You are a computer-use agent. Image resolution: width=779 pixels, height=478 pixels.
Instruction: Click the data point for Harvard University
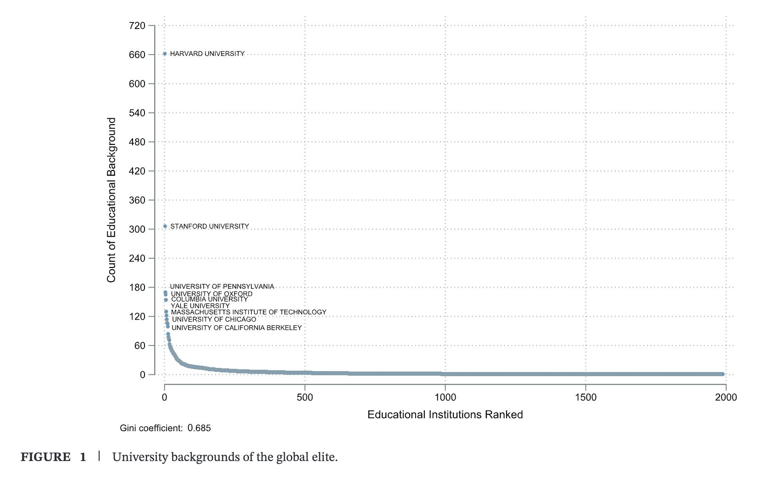coord(165,54)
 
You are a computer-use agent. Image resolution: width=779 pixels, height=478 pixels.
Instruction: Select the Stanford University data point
coord(165,226)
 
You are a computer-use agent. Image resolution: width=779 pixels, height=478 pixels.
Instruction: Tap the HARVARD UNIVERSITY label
coord(207,54)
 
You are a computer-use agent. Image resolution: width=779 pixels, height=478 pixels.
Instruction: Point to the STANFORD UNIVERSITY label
coord(210,226)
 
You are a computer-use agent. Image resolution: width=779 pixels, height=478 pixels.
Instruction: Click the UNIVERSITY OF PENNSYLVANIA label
coord(222,286)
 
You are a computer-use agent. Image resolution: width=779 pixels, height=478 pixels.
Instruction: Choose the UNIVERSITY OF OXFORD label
coord(211,294)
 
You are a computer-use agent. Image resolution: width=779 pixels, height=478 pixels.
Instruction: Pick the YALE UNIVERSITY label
coord(200,306)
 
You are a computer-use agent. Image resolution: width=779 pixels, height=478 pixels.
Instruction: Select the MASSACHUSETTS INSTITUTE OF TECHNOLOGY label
coord(249,312)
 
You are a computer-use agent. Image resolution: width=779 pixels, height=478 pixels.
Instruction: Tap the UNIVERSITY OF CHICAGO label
coord(214,319)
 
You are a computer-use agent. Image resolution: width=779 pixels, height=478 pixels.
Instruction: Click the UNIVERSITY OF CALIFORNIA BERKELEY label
coord(237,328)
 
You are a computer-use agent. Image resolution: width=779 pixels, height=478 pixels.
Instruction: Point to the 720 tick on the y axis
coord(137,26)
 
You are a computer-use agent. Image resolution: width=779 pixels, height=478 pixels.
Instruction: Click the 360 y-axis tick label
coord(137,200)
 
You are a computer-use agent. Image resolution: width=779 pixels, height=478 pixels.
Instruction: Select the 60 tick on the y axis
coord(139,346)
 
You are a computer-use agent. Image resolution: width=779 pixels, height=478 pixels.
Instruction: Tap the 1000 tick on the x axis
coord(445,397)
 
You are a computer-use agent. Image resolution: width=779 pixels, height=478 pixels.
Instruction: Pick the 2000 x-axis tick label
coord(726,397)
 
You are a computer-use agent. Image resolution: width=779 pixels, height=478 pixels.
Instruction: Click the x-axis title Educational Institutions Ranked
coord(445,415)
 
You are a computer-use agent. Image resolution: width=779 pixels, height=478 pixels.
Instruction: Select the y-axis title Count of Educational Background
coord(111,200)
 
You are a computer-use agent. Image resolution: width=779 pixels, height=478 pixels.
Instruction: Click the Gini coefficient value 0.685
coord(199,428)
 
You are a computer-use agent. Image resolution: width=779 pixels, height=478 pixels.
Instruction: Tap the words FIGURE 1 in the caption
coord(53,457)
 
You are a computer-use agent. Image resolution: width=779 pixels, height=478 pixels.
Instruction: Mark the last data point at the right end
coord(723,374)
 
